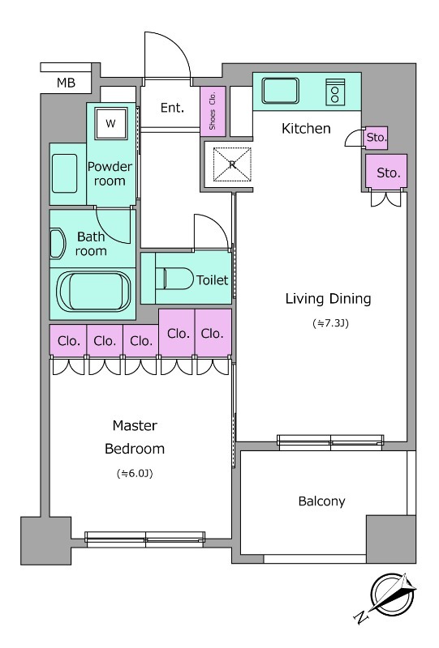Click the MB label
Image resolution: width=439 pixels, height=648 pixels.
coord(66,83)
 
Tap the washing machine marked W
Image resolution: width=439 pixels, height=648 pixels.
coord(110,123)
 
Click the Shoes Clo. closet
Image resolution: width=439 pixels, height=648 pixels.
coord(213,111)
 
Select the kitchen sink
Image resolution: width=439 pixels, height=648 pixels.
coord(281,91)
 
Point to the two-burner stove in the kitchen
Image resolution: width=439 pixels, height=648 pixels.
coord(335,92)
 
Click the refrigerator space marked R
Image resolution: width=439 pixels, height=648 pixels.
coord(232,164)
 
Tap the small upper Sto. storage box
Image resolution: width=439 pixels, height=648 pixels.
coord(376,138)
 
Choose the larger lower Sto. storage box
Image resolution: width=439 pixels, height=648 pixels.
coord(386,173)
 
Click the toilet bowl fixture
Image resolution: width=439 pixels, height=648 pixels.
coord(174,279)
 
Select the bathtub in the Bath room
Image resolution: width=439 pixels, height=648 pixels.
coord(93,292)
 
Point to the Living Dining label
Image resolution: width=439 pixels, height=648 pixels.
coord(328,299)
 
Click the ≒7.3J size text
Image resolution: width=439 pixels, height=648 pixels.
coord(330,323)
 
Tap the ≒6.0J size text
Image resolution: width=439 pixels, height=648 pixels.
coord(135,474)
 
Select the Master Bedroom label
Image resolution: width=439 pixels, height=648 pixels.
coord(135,437)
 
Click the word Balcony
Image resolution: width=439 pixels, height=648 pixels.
coord(322,501)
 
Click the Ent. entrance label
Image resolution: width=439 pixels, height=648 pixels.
coord(172,108)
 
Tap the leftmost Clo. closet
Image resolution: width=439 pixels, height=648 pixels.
coord(68,340)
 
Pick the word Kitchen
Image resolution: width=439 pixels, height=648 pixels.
coord(306,129)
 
